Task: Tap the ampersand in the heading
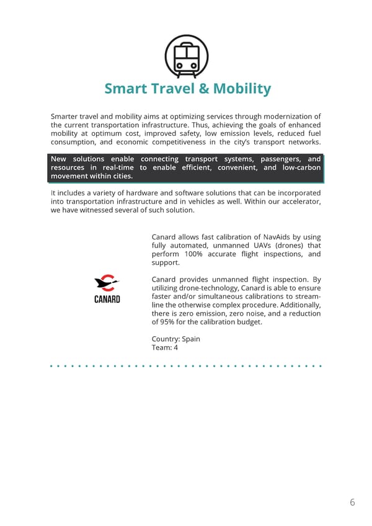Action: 204,89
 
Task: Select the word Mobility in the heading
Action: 242,89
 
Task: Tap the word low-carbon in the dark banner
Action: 301,167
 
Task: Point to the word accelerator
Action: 300,202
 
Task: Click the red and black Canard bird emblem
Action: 107,283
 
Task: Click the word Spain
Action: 190,339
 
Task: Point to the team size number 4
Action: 176,348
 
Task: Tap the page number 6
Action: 352,502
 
